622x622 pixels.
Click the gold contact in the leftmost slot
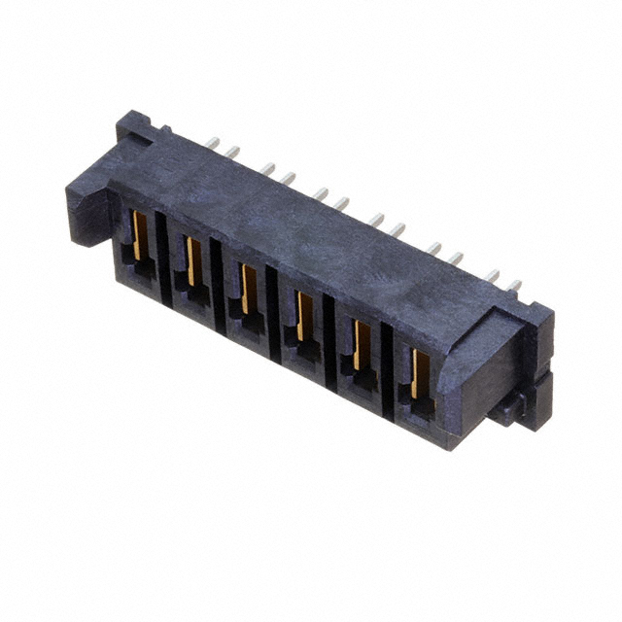coord(134,240)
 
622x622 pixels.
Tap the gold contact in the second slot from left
coord(190,261)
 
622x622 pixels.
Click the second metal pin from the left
coord(233,151)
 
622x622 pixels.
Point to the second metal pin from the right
coord(493,276)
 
